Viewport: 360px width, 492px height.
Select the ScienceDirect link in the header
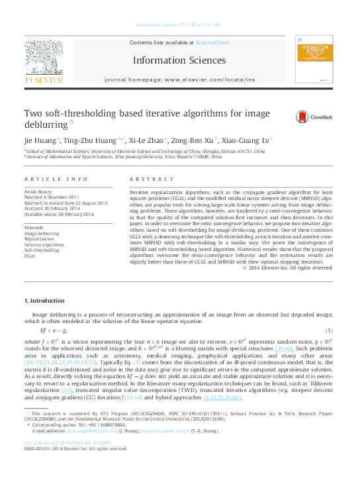(x=213, y=42)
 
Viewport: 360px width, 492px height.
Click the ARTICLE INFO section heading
(x=56, y=179)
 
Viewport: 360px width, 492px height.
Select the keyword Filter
(x=30, y=255)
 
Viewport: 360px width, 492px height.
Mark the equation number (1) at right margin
(x=329, y=330)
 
